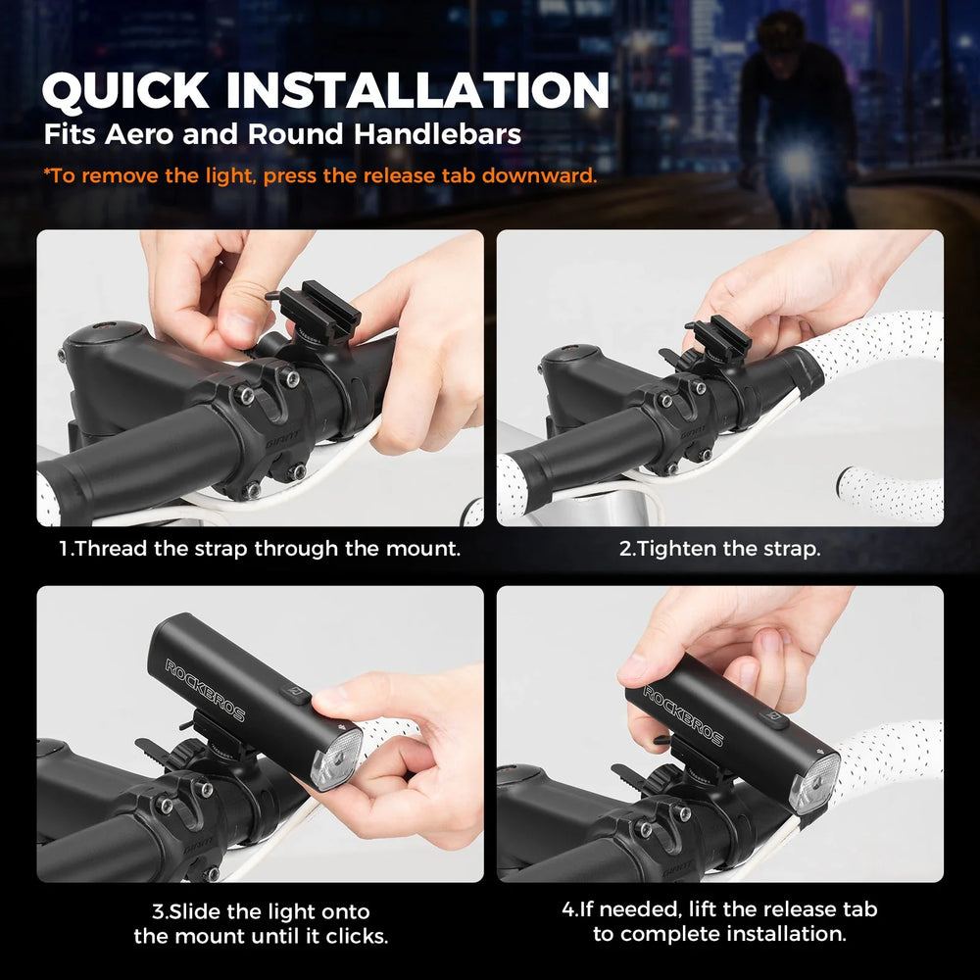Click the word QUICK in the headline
125,91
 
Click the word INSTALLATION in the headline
417,90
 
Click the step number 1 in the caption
63,549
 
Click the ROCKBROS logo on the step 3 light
205,689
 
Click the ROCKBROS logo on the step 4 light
682,715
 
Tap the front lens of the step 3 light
336,759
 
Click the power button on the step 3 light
294,694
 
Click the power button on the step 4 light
774,719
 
